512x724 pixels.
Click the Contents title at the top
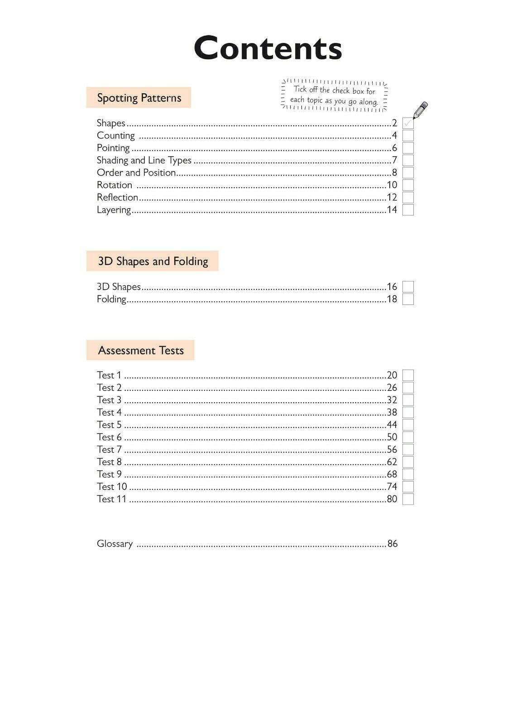tap(268, 48)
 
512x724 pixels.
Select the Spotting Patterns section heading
tap(139, 98)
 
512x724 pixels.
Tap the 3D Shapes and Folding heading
tap(153, 261)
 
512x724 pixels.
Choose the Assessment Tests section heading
tap(140, 350)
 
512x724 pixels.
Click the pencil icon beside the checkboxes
tap(421, 110)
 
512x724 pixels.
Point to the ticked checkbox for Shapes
tap(408, 123)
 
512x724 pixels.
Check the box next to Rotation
tap(408, 185)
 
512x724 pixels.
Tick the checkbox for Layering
tap(408, 210)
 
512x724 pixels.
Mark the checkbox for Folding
tap(408, 299)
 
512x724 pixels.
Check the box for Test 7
tap(408, 449)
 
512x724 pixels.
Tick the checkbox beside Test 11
tap(408, 499)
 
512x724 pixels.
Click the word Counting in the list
tap(116, 136)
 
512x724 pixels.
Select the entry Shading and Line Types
tap(144, 160)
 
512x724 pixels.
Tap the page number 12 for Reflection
tap(392, 197)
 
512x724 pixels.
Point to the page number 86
tap(392, 544)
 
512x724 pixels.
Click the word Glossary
tap(115, 544)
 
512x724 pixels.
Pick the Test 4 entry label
tap(109, 412)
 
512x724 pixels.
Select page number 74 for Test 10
tap(392, 486)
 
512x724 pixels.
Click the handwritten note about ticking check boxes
tap(334, 95)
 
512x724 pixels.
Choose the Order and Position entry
tap(136, 172)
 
